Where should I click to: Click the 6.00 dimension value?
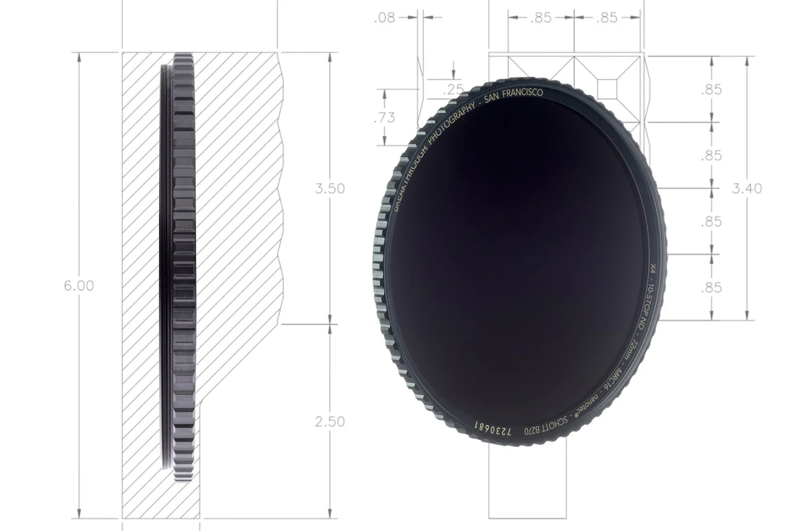click(78, 286)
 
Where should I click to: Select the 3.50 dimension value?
click(329, 188)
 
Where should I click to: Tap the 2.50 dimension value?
click(329, 422)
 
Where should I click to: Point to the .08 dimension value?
click(384, 18)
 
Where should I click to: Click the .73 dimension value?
click(384, 118)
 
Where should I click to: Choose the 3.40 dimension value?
click(747, 188)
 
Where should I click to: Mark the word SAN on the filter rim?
click(493, 98)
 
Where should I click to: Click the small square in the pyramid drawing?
click(608, 88)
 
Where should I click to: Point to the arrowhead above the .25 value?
click(453, 73)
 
